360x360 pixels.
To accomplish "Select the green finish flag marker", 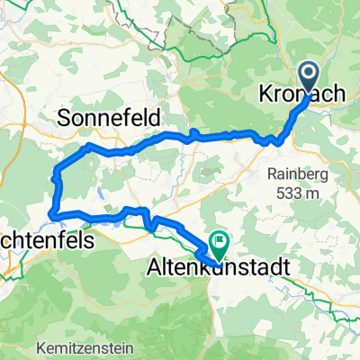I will click(218, 241).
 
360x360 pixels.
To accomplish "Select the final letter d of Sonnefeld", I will click(155, 117).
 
